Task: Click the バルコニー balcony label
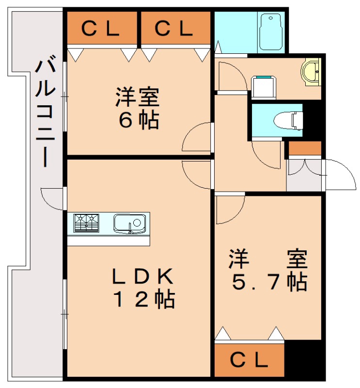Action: pos(47,112)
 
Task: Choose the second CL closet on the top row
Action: pos(175,29)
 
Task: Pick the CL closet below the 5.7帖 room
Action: pos(249,359)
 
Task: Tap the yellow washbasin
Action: pos(310,72)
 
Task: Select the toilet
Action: pos(288,119)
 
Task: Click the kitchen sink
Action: pos(129,223)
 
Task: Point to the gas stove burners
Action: pos(86,223)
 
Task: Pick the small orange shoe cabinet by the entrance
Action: pos(305,148)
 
